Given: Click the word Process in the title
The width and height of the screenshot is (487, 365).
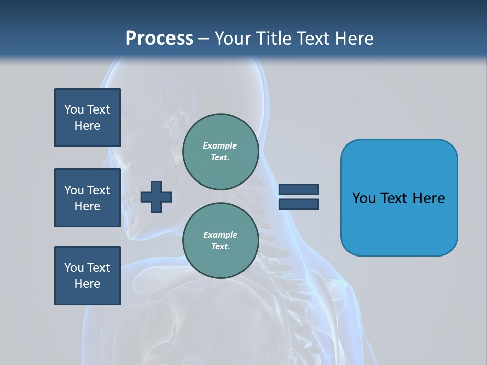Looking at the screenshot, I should [159, 39].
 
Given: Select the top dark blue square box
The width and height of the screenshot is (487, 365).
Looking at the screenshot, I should [87, 118].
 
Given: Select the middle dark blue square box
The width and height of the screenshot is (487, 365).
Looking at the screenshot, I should [87, 198].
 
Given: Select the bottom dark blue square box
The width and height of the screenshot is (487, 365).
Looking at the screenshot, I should [87, 276].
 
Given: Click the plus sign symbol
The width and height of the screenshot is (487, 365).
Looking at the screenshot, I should [156, 197].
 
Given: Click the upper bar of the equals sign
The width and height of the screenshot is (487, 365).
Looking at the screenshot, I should [298, 189].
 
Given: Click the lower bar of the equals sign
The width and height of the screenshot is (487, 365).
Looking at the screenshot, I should [298, 204].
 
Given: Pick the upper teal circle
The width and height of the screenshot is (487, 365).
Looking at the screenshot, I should [220, 152].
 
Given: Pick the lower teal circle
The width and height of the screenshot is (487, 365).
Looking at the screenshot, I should [220, 241].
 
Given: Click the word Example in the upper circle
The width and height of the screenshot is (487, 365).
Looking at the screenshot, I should [220, 145].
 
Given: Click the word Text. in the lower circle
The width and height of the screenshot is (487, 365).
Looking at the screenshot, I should [220, 247].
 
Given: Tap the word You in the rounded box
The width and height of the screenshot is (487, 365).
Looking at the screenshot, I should [364, 198].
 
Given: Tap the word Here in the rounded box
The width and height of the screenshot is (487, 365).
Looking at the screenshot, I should [429, 198].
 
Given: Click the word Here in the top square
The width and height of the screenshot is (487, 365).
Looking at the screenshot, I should [87, 126].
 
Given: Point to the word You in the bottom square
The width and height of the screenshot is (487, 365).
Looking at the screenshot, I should [74, 268].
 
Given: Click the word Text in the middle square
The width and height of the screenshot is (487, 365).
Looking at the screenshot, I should [98, 190].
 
